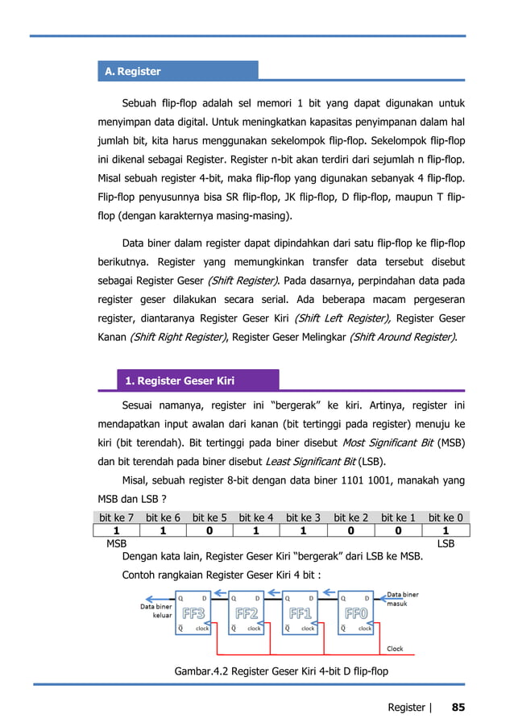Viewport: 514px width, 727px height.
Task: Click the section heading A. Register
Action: (x=133, y=72)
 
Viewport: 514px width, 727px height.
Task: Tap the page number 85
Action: (x=458, y=707)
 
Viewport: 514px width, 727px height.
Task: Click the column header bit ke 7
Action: (x=116, y=517)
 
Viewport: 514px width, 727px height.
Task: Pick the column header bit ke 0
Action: (x=446, y=517)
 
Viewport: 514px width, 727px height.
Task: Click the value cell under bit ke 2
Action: (x=351, y=532)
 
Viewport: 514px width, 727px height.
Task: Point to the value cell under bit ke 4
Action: (x=257, y=532)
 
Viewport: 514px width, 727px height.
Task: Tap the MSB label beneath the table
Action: (x=117, y=545)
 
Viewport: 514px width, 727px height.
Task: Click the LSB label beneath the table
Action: (x=446, y=545)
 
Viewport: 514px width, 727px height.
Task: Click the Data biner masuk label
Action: (x=403, y=600)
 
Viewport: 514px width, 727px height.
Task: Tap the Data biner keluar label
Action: (x=156, y=611)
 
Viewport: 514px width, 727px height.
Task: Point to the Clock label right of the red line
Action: (x=396, y=648)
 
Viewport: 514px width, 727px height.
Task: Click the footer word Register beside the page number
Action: (x=407, y=707)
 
